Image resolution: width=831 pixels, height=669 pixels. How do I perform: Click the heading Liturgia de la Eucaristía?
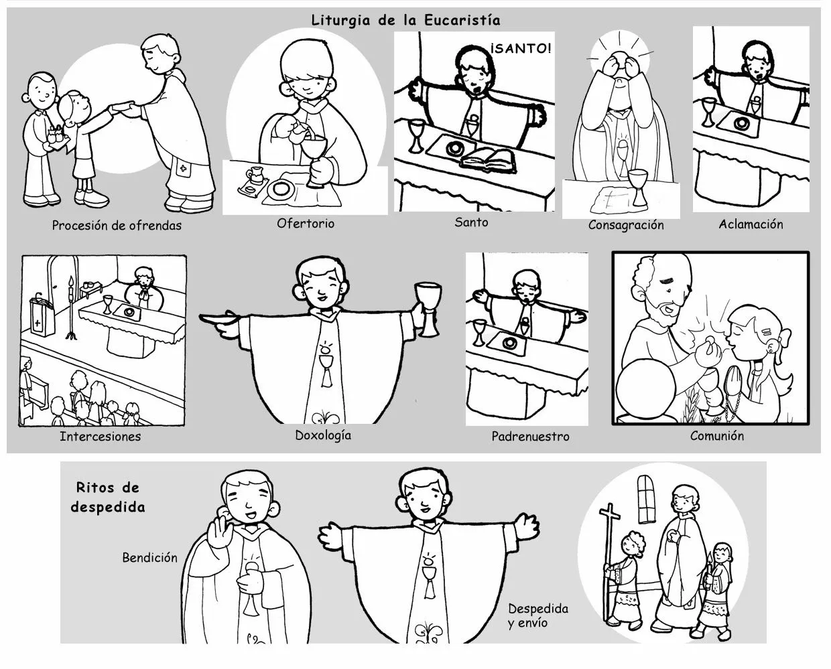[x=405, y=20]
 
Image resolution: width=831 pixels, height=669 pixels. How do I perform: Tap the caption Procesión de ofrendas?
[x=117, y=226]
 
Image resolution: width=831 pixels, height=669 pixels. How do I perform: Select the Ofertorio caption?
[x=305, y=224]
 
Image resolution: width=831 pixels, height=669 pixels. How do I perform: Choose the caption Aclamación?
[x=751, y=224]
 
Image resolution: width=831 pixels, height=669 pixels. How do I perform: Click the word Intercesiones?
[x=101, y=437]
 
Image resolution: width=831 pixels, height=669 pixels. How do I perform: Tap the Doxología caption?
[x=323, y=435]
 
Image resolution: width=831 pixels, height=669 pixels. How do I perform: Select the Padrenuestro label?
[x=530, y=437]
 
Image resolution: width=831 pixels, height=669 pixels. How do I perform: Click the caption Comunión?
[x=717, y=436]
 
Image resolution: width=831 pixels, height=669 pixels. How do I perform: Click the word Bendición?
[x=149, y=557]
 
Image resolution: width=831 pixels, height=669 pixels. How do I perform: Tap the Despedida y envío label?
[x=537, y=615]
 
